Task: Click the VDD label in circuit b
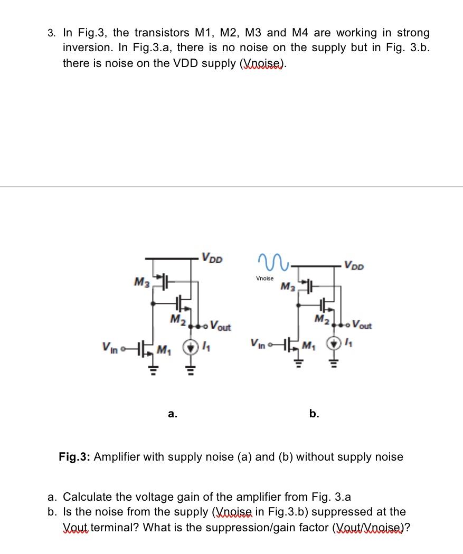point(354,264)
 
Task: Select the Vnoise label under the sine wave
point(265,278)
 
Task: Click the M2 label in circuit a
point(176,319)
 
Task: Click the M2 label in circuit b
point(322,319)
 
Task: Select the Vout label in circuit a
point(220,326)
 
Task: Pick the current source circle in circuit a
point(190,348)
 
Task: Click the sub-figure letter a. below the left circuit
point(172,414)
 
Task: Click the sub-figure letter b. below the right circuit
point(314,414)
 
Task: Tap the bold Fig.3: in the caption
point(74,457)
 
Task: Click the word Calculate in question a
point(88,496)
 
